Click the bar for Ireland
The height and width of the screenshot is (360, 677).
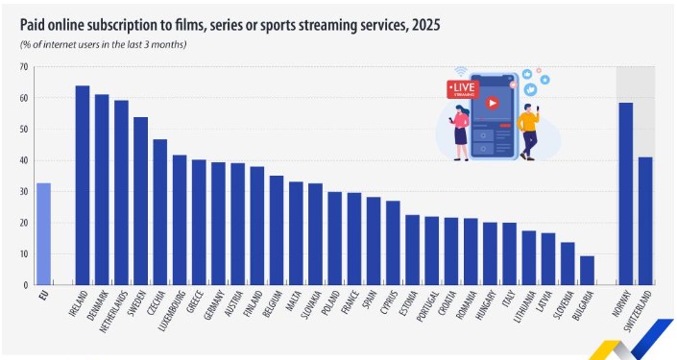coord(83,185)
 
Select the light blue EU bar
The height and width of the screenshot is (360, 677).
coord(43,234)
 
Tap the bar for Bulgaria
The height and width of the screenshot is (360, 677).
coord(587,270)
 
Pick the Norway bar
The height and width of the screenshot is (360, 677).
coord(625,194)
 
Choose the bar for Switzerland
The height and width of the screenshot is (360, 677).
coord(645,221)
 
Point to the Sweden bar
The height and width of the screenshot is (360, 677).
coord(141,202)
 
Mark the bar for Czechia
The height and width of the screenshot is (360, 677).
coord(160,212)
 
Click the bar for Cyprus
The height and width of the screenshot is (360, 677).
coord(393,243)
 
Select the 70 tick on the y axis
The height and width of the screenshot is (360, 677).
coord(24,67)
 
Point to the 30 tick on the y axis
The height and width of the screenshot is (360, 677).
coord(24,192)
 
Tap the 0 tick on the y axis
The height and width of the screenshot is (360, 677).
coord(26,285)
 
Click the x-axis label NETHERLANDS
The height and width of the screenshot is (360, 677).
coord(114,312)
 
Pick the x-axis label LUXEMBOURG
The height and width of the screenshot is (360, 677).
coord(172,311)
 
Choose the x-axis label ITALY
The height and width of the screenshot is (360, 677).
coord(508,300)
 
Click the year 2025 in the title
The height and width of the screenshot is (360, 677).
coord(425,26)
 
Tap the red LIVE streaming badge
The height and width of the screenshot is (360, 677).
coord(463,89)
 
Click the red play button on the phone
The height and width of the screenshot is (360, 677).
coord(493,103)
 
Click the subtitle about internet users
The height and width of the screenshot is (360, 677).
coord(103,44)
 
